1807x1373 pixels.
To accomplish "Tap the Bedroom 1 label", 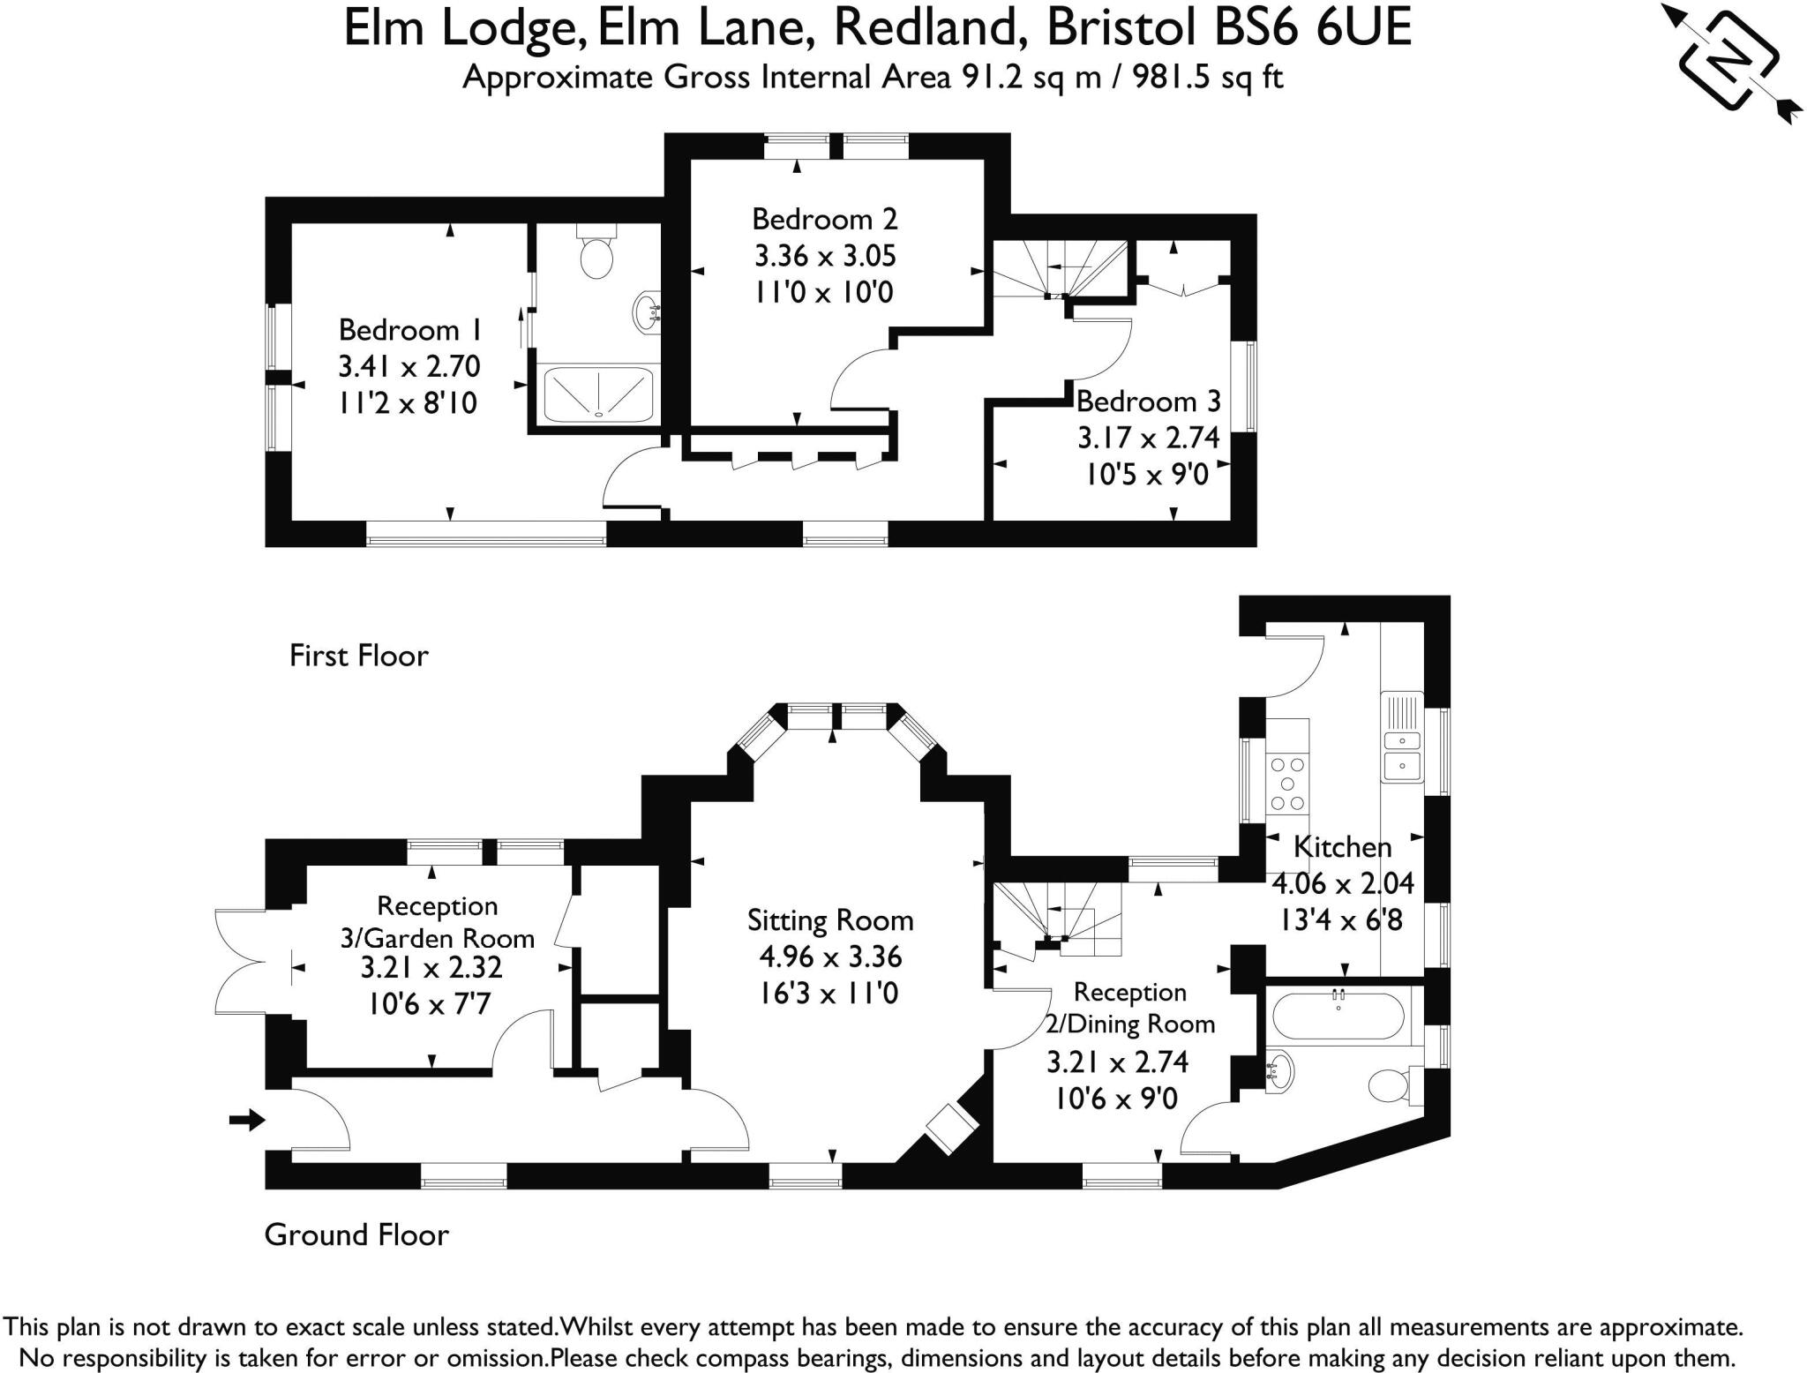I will [410, 330].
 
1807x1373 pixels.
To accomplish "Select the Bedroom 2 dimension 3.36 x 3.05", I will [825, 256].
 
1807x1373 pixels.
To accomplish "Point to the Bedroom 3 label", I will [1148, 401].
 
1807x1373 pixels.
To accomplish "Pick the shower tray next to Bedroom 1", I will [598, 394].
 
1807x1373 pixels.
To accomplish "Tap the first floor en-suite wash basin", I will [646, 311].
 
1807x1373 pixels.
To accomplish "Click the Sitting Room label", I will [829, 920].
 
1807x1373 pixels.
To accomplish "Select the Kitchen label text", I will [1342, 847].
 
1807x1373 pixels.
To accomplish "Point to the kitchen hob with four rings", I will [1287, 784].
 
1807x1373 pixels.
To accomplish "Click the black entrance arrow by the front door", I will [247, 1120].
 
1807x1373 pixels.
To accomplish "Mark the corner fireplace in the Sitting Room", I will [948, 1129].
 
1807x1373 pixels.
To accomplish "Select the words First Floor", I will [358, 656].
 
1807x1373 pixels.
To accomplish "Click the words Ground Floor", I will [356, 1234].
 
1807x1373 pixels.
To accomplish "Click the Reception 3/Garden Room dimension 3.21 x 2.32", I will [431, 968].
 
